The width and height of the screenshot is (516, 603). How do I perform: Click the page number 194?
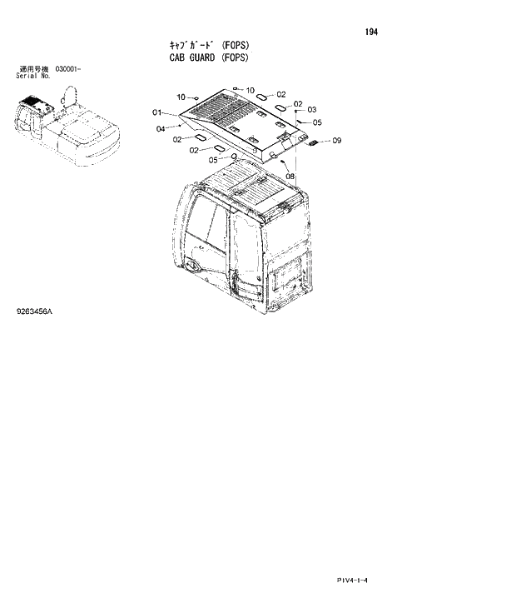click(x=371, y=32)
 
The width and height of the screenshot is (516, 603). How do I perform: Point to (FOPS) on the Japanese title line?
click(x=236, y=45)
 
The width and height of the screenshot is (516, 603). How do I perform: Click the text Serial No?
click(x=33, y=75)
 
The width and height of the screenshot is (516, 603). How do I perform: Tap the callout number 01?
click(x=156, y=112)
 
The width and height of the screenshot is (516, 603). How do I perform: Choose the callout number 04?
click(x=160, y=128)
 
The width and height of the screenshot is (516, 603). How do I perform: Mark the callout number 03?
click(x=311, y=110)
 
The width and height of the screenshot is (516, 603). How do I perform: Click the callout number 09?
click(x=336, y=142)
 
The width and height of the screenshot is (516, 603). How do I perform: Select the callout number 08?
click(x=290, y=176)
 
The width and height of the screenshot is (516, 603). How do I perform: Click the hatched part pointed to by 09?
click(x=315, y=142)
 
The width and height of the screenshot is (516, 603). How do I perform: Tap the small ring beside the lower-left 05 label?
click(x=234, y=155)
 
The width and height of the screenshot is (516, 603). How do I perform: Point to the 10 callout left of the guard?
click(x=181, y=97)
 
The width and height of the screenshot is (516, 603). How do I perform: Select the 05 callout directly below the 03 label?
click(x=317, y=122)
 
